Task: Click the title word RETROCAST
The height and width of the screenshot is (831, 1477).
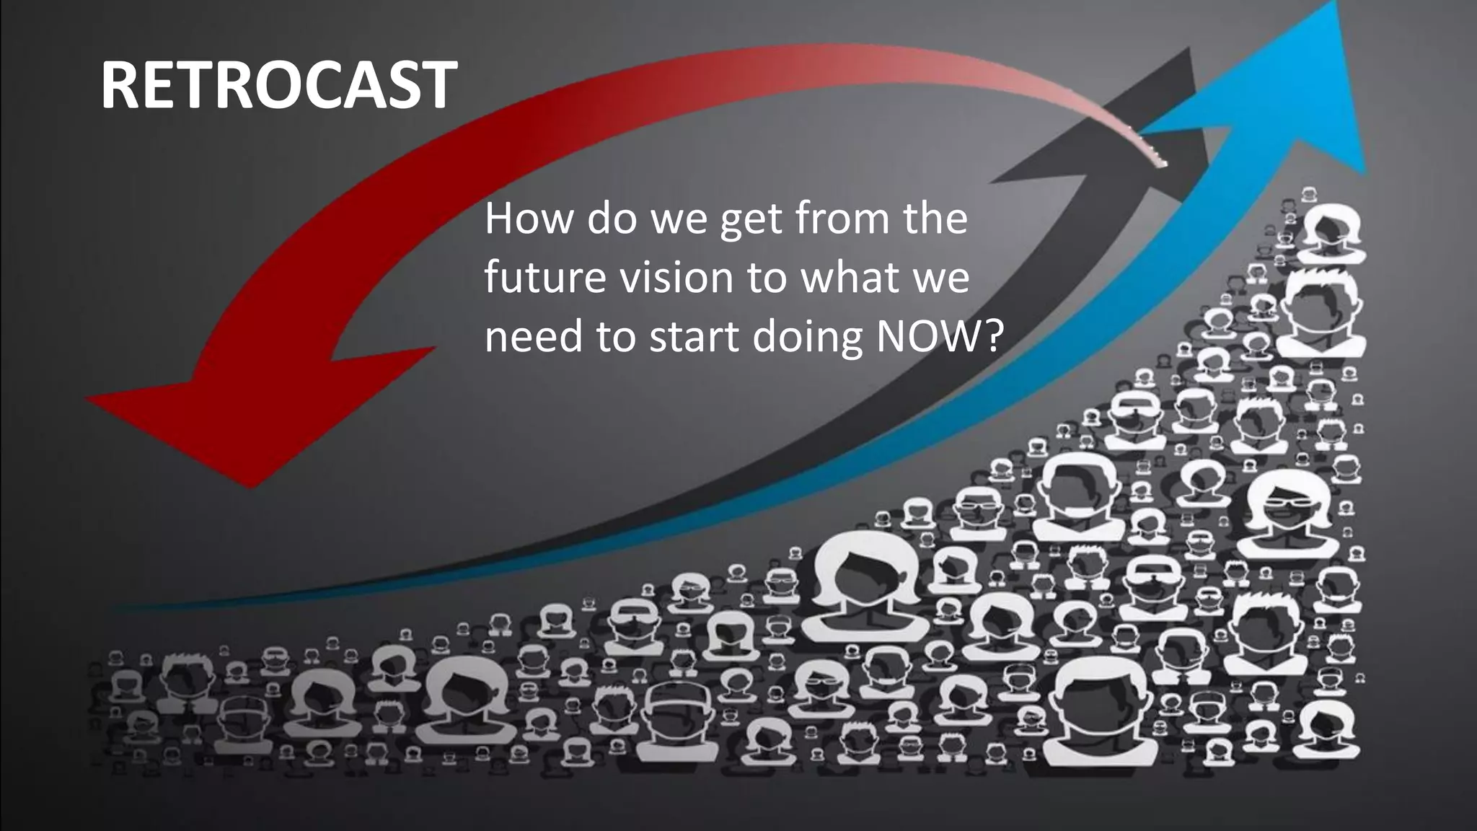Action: (278, 85)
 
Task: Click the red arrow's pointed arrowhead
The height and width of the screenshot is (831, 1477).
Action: (216, 418)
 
